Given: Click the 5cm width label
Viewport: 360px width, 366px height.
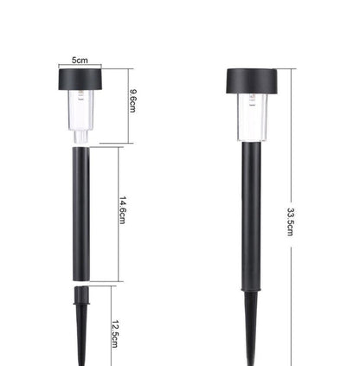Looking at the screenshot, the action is (80, 61).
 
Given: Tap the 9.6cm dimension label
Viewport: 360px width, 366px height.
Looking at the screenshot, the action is (133, 101).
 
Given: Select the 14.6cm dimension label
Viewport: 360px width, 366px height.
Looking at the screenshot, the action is (123, 210).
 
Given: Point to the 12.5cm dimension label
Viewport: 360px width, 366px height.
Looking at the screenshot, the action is (115, 334).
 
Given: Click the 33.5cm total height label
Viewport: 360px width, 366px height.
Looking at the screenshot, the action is (290, 222).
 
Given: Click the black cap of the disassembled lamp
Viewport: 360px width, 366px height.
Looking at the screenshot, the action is (80, 80).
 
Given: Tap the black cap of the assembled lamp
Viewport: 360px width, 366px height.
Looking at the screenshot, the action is (252, 81).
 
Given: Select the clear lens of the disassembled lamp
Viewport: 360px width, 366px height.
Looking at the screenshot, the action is (81, 110).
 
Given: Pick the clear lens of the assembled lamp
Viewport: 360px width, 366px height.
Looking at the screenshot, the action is (252, 118).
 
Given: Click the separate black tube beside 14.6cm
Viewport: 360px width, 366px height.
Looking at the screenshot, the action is (81, 214).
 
